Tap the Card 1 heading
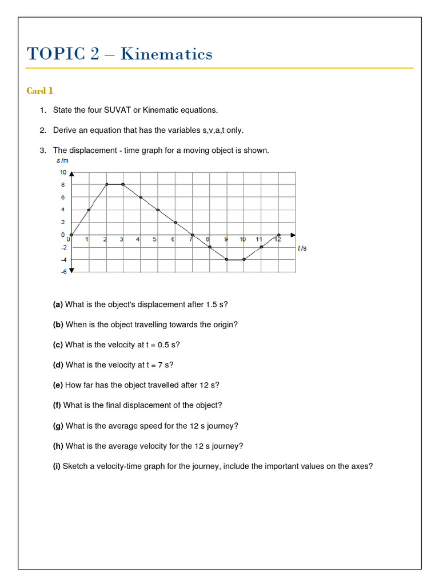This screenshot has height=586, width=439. tap(40, 90)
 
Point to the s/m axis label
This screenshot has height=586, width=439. tap(62, 162)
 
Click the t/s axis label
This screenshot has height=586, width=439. tap(302, 248)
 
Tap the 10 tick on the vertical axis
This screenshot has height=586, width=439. tap(63, 172)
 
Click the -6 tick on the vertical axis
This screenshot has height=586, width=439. tap(63, 272)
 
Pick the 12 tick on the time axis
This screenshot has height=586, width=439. tap(277, 240)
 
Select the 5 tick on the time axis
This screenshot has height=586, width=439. tap(154, 240)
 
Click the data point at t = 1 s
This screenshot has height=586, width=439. tap(89, 209)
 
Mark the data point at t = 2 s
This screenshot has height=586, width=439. tap(106, 184)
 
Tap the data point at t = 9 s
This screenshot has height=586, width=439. tap(227, 259)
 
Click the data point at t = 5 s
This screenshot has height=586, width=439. tap(158, 209)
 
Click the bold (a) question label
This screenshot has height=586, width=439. tap(58, 304)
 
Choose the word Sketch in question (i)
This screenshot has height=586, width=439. tap(76, 466)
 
